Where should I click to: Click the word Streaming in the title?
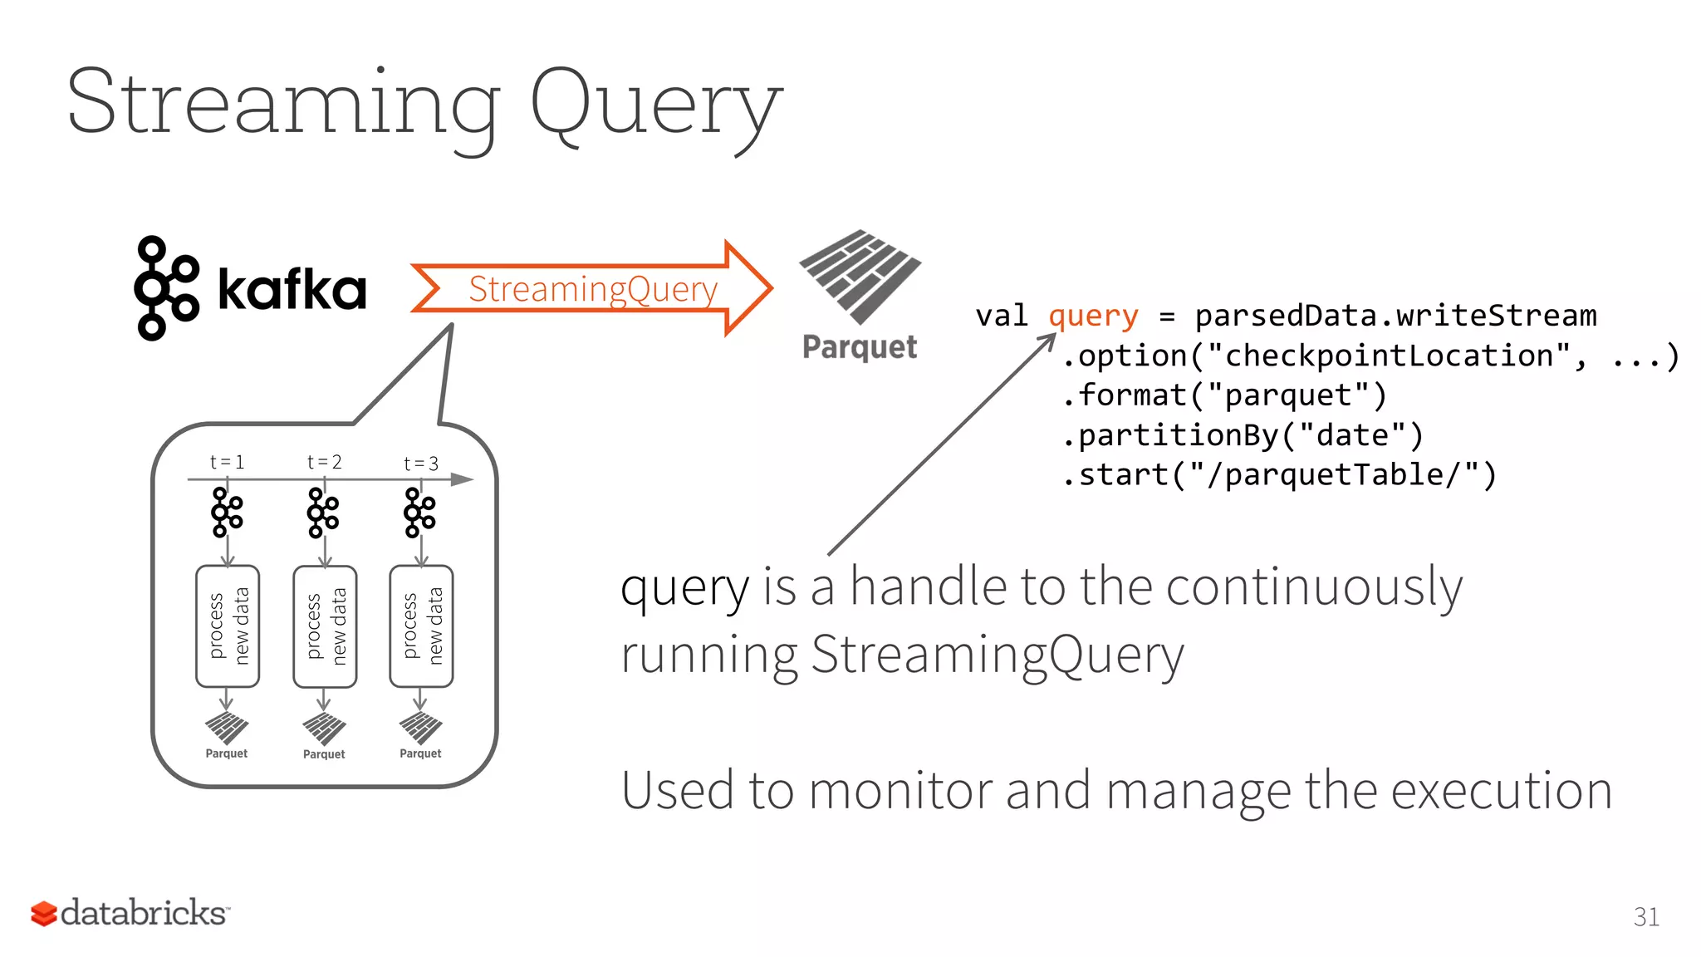(x=282, y=104)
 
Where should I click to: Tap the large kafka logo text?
(x=291, y=289)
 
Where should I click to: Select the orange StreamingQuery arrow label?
(x=592, y=289)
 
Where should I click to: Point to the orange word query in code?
(x=1092, y=317)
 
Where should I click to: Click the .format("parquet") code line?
(x=1224, y=395)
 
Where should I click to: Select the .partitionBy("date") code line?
(x=1243, y=435)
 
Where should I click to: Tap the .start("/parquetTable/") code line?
(x=1279, y=475)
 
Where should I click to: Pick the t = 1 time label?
(x=227, y=462)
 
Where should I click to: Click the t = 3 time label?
(x=420, y=464)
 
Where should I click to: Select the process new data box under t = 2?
(x=325, y=626)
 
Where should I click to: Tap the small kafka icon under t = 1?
(x=227, y=512)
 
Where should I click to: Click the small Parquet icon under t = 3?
(x=420, y=729)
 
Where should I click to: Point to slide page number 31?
(x=1645, y=917)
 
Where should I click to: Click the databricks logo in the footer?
(x=130, y=913)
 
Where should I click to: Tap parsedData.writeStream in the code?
(x=1395, y=317)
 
